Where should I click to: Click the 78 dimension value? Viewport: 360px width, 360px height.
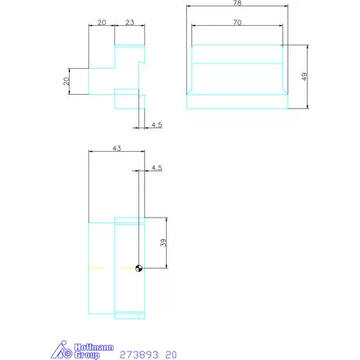[x=237, y=3]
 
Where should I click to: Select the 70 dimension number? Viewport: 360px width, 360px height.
[x=237, y=23]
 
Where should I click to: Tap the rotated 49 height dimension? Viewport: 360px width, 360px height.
[x=304, y=77]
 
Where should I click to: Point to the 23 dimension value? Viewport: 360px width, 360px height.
[x=130, y=23]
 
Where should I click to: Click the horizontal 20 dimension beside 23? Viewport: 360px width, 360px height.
[x=102, y=23]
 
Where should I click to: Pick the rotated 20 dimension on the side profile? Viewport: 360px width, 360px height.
[x=67, y=81]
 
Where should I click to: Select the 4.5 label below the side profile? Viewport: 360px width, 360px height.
[x=157, y=125]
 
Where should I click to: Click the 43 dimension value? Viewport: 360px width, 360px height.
[x=117, y=148]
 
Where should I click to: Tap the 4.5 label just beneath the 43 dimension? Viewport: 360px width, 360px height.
[x=157, y=167]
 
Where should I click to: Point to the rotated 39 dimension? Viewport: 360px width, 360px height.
[x=164, y=243]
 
